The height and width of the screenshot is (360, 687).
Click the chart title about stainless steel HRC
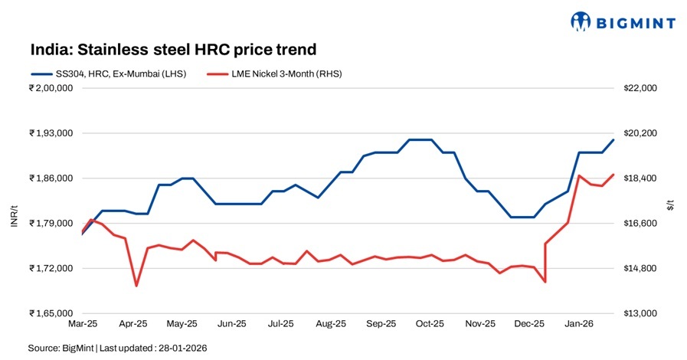pyautogui.click(x=173, y=50)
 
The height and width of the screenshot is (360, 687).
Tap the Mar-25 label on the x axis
pyautogui.click(x=82, y=324)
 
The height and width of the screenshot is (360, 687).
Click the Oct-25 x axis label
pyautogui.click(x=430, y=324)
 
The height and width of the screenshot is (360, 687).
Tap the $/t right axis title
pyautogui.click(x=671, y=203)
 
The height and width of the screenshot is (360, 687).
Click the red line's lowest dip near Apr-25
pyautogui.click(x=136, y=286)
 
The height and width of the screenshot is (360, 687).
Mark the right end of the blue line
pyautogui.click(x=613, y=139)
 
